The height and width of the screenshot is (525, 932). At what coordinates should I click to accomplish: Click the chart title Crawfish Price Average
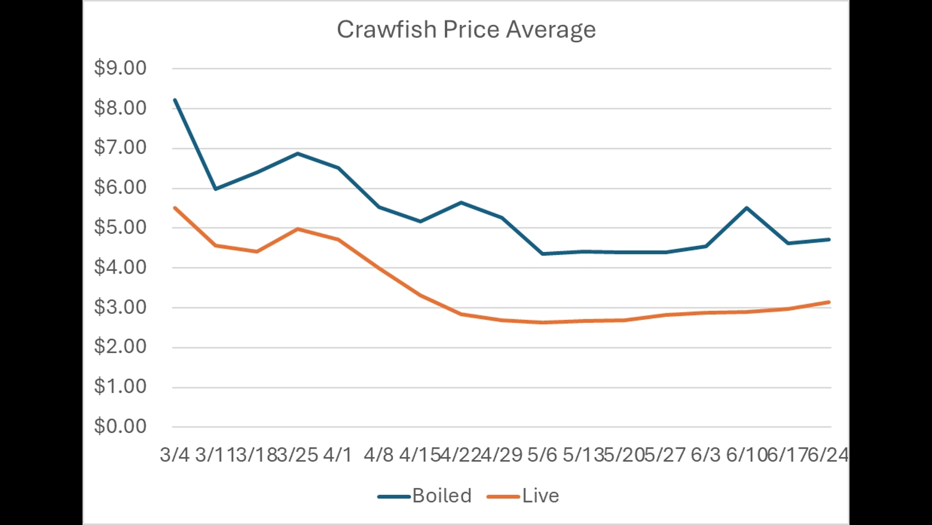[x=466, y=30]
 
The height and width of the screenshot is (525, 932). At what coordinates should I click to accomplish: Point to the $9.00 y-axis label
[x=120, y=68]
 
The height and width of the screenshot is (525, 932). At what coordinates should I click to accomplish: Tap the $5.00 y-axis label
[x=120, y=227]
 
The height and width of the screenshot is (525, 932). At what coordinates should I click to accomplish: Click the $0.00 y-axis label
[x=120, y=426]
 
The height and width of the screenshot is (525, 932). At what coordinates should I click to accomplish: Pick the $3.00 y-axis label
[x=120, y=307]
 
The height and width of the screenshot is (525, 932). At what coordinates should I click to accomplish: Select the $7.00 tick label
[x=120, y=147]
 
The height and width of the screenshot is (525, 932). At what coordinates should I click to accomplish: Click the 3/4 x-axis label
[x=174, y=455]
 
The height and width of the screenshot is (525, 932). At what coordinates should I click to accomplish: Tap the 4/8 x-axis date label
[x=379, y=455]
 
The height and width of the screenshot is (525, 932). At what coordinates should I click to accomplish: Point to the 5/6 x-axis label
[x=542, y=455]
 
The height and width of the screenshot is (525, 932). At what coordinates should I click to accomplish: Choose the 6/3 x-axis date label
[x=705, y=455]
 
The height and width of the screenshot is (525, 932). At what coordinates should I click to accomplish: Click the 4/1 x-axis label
[x=337, y=455]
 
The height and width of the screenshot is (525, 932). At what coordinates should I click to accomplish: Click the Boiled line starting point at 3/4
[x=175, y=100]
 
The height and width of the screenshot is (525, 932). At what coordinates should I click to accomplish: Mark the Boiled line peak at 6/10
[x=747, y=208]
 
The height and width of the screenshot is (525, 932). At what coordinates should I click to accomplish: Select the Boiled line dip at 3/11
[x=216, y=189]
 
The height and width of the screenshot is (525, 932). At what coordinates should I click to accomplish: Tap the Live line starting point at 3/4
[x=175, y=208]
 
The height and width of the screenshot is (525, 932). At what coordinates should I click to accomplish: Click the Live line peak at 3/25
[x=297, y=228]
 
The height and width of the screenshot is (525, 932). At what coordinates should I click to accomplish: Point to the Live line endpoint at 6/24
[x=829, y=302]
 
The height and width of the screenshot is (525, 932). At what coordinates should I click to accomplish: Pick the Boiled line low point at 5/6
[x=542, y=254]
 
